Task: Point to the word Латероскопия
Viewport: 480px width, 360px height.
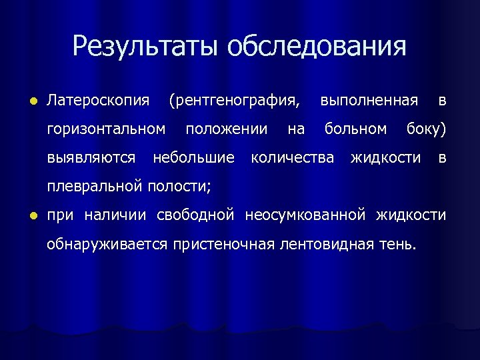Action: coord(97,101)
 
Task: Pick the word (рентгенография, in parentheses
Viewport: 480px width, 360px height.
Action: coord(234,101)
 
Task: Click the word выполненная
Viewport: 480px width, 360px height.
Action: coord(369,101)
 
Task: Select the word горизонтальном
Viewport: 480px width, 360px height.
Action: coord(106,129)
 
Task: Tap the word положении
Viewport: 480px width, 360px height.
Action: coord(227,129)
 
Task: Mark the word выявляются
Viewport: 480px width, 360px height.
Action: coord(91,157)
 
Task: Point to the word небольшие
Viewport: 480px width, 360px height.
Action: coord(193,157)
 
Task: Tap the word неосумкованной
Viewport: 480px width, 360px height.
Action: coord(305,215)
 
